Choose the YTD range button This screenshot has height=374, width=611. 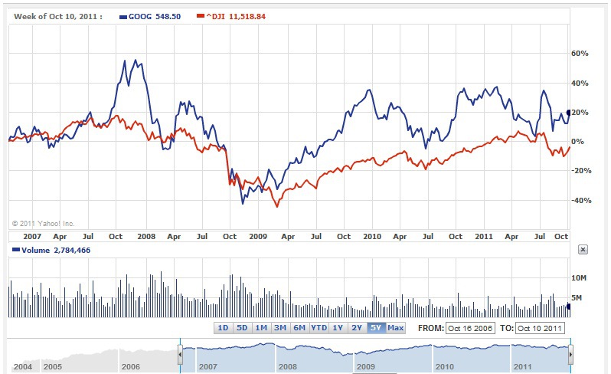319,328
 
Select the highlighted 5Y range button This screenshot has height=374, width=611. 375,328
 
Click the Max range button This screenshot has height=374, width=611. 395,328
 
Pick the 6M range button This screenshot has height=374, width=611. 299,328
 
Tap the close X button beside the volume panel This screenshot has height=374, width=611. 582,250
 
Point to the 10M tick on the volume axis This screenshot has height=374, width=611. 580,277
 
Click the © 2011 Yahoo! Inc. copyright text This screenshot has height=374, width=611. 43,223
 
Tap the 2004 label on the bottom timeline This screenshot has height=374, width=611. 22,366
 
